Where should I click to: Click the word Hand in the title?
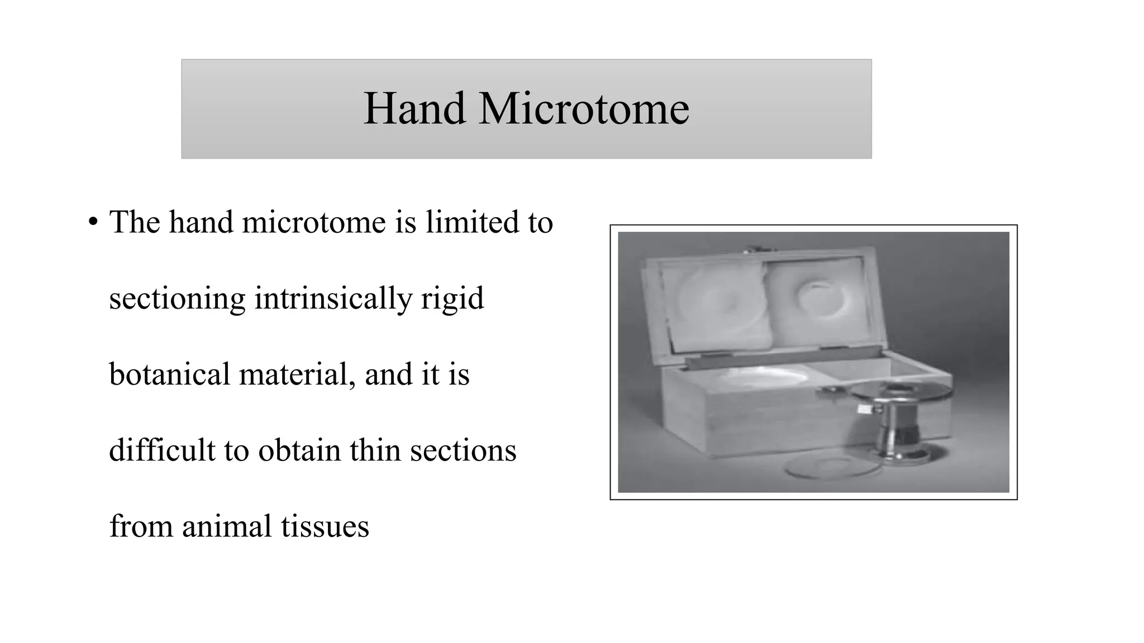[x=414, y=108]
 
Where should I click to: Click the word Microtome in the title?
[x=584, y=108]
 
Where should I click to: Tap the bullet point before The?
[x=93, y=223]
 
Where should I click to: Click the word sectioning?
[x=177, y=299]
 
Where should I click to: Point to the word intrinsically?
[x=333, y=299]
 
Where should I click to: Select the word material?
[x=297, y=374]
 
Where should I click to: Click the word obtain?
[x=299, y=450]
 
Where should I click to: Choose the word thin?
[x=375, y=450]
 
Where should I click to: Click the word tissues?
[x=325, y=526]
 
